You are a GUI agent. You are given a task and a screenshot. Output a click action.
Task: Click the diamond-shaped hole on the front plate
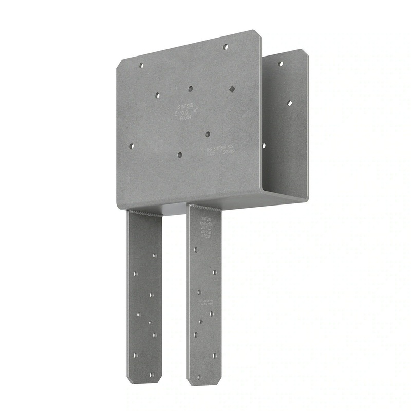232,88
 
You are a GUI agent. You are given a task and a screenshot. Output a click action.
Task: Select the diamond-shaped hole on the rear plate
290,103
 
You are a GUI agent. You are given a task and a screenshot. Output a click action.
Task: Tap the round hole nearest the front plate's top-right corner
225,47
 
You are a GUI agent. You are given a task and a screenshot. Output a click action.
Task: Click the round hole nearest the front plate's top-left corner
141,65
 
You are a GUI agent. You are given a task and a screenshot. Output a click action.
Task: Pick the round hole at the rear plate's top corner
281,64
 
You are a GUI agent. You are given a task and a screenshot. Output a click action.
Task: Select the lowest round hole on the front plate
179,154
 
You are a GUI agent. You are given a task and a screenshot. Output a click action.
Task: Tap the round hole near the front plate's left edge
132,146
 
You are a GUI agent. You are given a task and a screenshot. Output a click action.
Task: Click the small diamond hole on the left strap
150,323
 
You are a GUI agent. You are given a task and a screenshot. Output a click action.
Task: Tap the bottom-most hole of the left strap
151,375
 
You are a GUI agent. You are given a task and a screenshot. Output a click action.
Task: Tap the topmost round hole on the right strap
195,250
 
